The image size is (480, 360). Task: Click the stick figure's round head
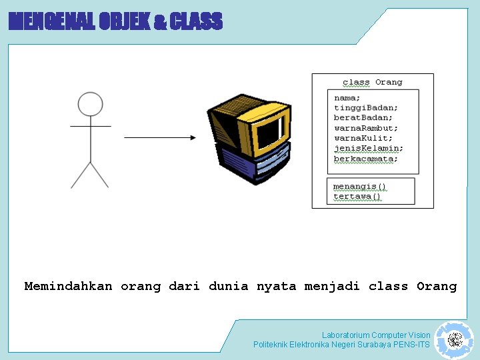coord(90,105)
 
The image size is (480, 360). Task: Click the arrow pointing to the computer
coord(160,138)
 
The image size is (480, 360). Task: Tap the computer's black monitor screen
coord(269,130)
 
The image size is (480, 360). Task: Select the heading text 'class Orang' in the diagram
coord(373,82)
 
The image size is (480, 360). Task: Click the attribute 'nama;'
coord(347,98)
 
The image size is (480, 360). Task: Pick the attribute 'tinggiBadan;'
coord(366,108)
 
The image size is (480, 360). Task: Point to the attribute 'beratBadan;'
coord(363,118)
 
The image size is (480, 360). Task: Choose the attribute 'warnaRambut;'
coord(366,128)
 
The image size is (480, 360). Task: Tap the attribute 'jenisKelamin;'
coord(369,149)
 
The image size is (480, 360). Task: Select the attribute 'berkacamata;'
coord(366,159)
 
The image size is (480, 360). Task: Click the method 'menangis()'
coord(360,186)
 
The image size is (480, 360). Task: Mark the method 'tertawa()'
coord(357,196)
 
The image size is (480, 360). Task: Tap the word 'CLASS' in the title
coord(196,22)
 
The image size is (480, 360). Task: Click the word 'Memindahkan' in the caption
coord(68,287)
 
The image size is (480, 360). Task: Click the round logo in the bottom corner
coord(455,341)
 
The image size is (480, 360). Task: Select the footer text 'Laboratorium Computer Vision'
coord(376,335)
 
